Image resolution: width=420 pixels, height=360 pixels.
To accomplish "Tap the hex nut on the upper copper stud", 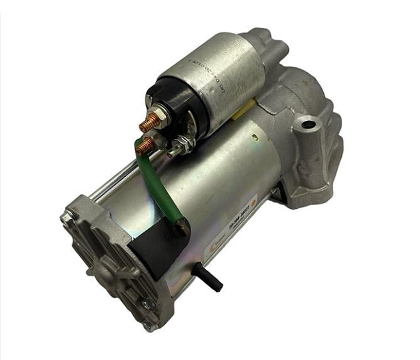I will [x=161, y=117].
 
